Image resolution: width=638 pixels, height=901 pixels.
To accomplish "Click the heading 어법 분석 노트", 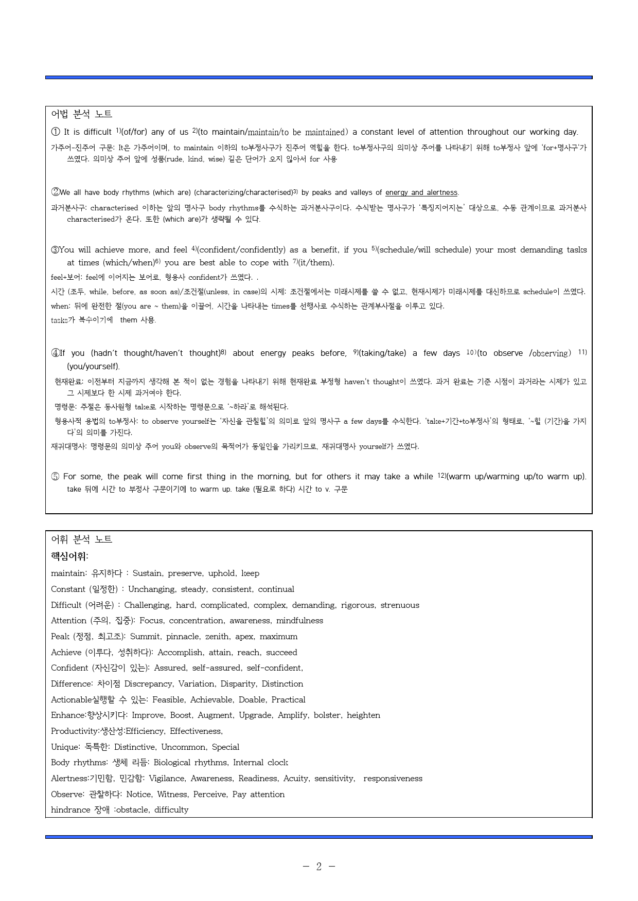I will (81, 114).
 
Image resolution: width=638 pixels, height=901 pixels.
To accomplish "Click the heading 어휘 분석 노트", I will (81, 539).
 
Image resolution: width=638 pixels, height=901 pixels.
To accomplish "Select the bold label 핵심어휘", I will (69, 556).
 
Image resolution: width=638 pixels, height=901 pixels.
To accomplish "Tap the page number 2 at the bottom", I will (318, 867).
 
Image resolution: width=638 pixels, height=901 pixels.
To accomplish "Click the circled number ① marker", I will (56, 132).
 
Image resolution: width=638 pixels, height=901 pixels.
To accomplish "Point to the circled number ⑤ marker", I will (55, 477).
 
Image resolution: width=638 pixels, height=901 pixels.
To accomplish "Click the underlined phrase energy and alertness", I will (421, 193).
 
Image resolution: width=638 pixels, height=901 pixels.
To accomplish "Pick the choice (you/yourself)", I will (93, 367).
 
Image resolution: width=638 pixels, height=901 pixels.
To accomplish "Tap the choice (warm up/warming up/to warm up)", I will (516, 477).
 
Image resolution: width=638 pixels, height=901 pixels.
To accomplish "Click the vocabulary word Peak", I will (60, 637).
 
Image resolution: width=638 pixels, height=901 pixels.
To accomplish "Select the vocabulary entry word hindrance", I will (70, 810).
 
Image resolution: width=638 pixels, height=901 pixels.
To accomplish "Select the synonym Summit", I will (145, 637).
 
